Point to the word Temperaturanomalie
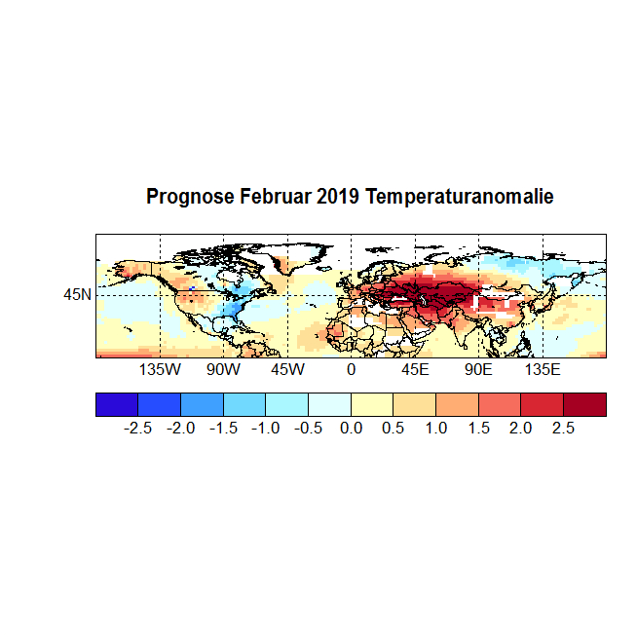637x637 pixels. [x=459, y=197]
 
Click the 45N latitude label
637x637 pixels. [x=78, y=294]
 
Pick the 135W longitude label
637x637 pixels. [x=160, y=370]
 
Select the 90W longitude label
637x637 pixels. [x=223, y=370]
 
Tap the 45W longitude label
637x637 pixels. [x=287, y=370]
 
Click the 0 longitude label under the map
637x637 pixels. [x=351, y=370]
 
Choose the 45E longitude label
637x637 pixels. [x=415, y=370]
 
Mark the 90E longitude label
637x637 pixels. [x=478, y=370]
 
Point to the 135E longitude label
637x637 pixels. [x=543, y=370]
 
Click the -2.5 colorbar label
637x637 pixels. [x=138, y=428]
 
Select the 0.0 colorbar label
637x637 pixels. [x=351, y=428]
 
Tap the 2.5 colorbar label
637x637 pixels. [x=563, y=428]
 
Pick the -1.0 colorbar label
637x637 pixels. [x=266, y=428]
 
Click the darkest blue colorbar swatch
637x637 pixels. [x=117, y=404]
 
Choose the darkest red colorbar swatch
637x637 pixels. [x=584, y=404]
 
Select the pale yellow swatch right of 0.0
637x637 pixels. [x=372, y=404]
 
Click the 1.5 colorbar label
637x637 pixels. [x=478, y=428]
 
